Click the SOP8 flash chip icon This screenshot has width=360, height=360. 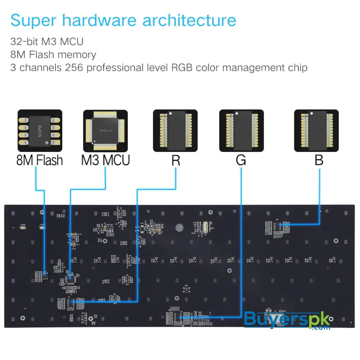click(40, 130)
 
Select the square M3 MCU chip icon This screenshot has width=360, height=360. click(105, 130)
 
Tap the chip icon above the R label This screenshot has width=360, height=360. click(175, 130)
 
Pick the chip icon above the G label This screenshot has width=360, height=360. click(241, 130)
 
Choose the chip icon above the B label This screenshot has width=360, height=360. click(316, 130)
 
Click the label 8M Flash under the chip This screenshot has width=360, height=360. click(40, 160)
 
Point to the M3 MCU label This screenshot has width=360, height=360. click(105, 160)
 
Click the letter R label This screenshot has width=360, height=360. click(176, 160)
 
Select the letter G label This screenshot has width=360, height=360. click(241, 160)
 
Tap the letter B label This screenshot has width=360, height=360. click(319, 160)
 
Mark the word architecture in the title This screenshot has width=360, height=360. click(189, 20)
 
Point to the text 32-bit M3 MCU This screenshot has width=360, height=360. click(47, 41)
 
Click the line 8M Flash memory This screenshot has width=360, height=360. click(53, 54)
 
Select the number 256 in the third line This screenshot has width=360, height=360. click(74, 67)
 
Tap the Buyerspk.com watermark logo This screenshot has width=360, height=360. click(287, 320)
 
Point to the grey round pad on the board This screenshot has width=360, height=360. click(180, 227)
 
